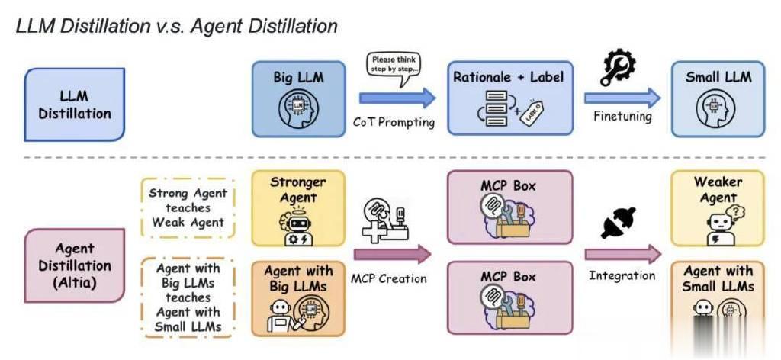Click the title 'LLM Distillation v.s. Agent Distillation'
(x=176, y=26)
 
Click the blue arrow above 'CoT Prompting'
(x=397, y=98)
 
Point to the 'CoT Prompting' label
(x=394, y=122)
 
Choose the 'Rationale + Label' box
(x=509, y=98)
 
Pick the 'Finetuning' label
(x=623, y=117)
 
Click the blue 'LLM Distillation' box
(x=75, y=104)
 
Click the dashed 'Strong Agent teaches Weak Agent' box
(x=188, y=207)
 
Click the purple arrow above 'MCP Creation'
(x=393, y=254)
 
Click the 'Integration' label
(x=622, y=275)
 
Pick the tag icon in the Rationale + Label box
(x=532, y=113)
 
